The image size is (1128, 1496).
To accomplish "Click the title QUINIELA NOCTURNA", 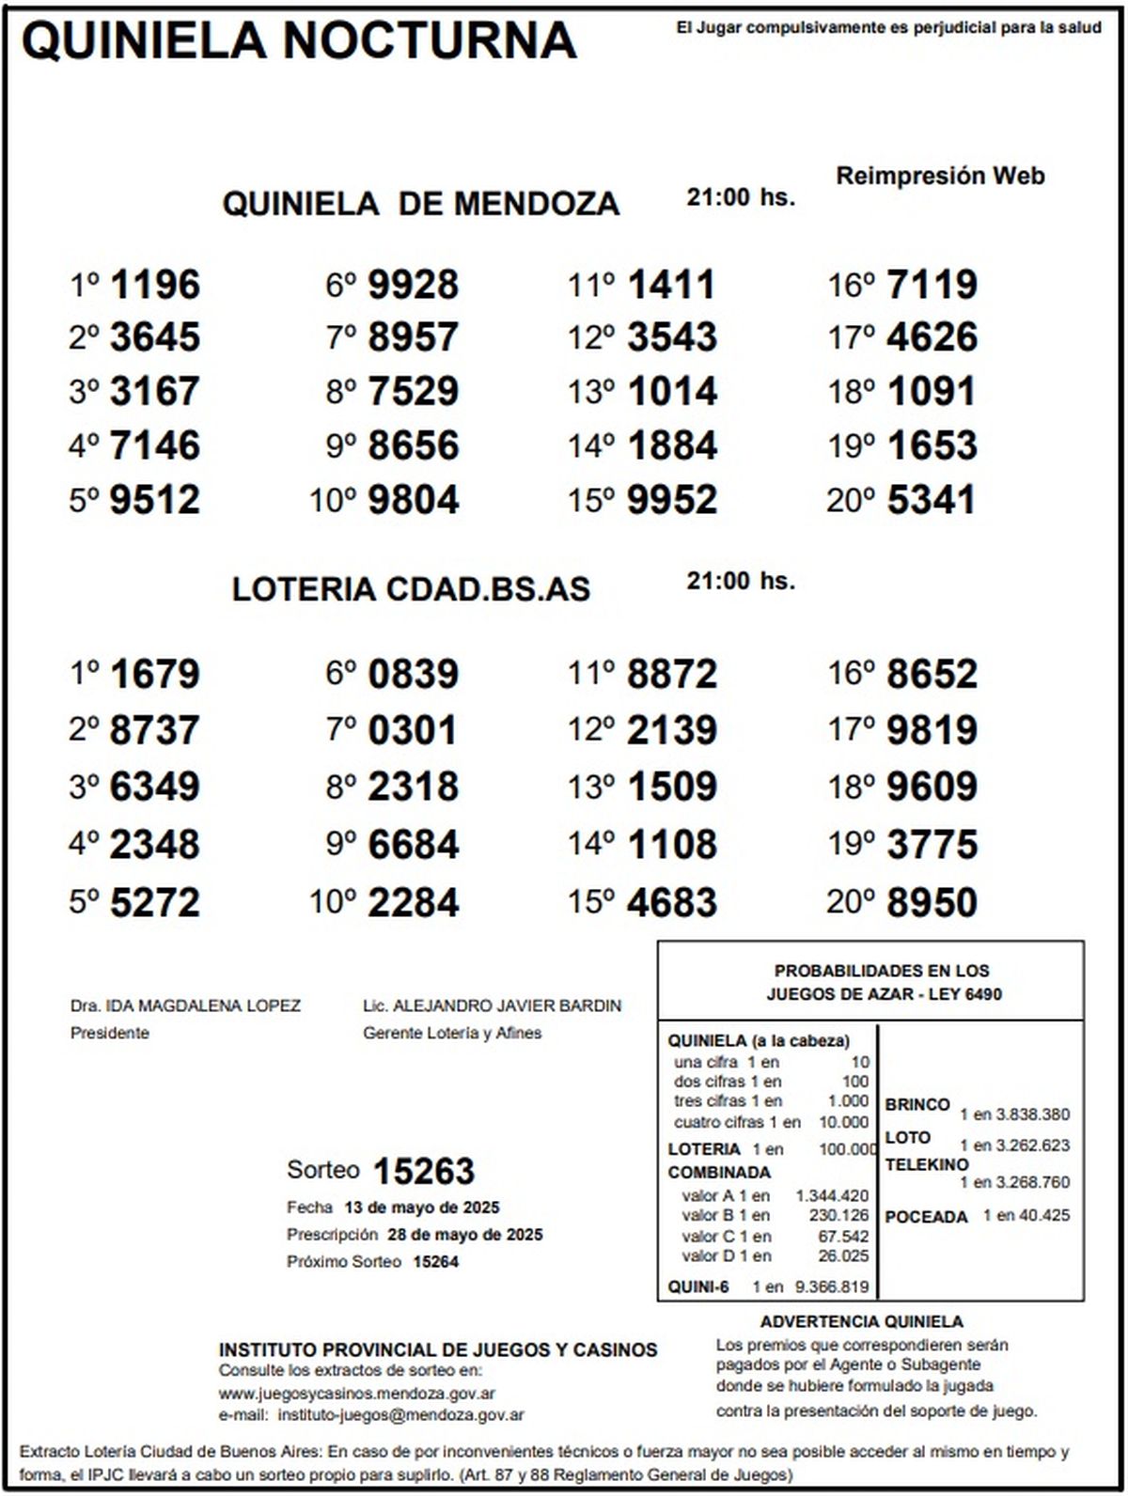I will click(x=299, y=40).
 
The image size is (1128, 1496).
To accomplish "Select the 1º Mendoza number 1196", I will click(x=155, y=285).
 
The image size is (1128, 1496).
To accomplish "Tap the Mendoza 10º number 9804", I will click(x=414, y=500).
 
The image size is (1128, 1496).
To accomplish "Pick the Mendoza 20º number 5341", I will click(x=931, y=500).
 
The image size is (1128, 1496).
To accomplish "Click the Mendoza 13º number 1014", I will click(x=672, y=392).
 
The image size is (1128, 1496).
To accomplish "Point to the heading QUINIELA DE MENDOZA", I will click(x=420, y=204).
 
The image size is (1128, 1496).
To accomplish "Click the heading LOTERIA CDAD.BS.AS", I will click(x=411, y=589).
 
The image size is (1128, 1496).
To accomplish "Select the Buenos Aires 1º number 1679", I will click(x=155, y=675).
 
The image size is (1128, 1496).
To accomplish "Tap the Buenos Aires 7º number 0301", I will click(x=413, y=730).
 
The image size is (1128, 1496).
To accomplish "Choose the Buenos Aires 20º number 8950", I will click(x=932, y=903).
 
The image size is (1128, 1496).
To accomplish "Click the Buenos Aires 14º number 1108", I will click(x=672, y=844).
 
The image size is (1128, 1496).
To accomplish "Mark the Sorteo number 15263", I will click(x=424, y=1172).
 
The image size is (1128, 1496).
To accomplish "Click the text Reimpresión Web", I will click(x=940, y=176).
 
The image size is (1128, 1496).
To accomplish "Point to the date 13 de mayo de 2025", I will click(x=422, y=1208).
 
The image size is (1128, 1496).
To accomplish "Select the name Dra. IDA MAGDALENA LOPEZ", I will click(x=185, y=1005).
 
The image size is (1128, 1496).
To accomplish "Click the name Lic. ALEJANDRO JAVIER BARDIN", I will click(x=492, y=1005).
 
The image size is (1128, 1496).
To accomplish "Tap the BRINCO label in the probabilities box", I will click(x=917, y=1105).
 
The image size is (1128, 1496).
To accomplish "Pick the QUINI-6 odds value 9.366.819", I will click(x=832, y=1287).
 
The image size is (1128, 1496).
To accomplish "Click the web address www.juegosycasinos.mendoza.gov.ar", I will click(x=357, y=1395).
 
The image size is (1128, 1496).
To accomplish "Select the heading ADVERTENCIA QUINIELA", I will click(x=862, y=1322).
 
